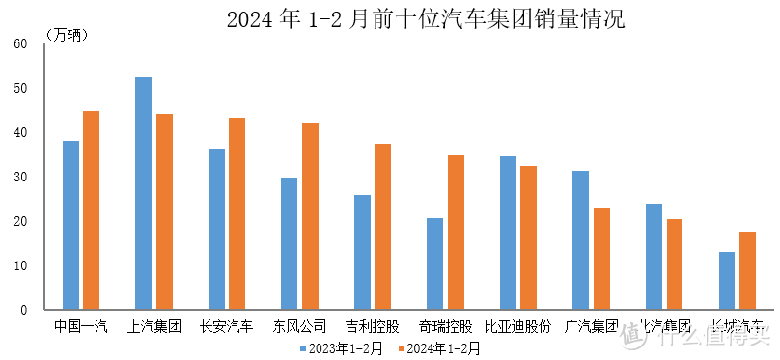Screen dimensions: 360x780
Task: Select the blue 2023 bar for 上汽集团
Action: click(x=143, y=193)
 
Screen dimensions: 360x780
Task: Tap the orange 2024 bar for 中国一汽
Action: click(x=91, y=210)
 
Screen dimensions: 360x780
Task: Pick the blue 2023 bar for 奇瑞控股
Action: click(x=434, y=263)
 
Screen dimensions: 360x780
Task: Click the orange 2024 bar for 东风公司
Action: click(x=310, y=216)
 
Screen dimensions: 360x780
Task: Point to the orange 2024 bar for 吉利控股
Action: click(x=382, y=227)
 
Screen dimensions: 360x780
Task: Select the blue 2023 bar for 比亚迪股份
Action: click(x=508, y=233)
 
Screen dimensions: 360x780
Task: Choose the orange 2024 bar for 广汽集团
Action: click(x=601, y=259)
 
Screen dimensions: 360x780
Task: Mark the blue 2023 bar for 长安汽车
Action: click(x=216, y=229)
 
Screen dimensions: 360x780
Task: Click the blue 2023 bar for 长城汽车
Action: click(x=726, y=281)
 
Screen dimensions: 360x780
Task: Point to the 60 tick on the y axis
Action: click(x=20, y=44)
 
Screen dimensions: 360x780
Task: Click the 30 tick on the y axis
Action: click(x=20, y=178)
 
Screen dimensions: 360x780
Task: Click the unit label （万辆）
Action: click(x=67, y=35)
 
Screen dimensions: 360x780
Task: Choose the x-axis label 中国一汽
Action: click(x=81, y=326)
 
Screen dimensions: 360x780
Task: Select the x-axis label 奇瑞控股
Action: click(x=445, y=326)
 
